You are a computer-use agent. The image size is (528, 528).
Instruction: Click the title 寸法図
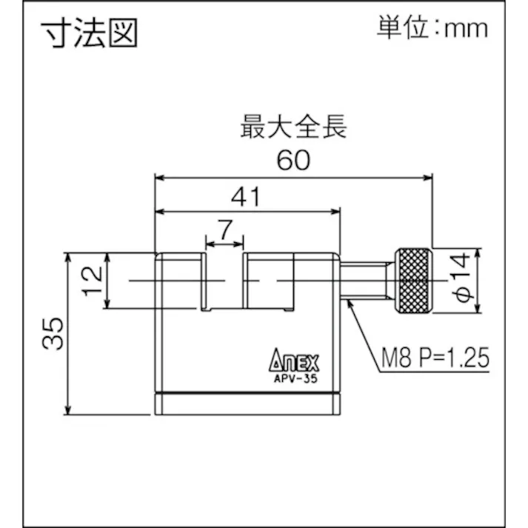[89, 33]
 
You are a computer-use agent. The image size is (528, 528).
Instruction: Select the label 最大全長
[293, 127]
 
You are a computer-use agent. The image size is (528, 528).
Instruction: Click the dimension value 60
[293, 159]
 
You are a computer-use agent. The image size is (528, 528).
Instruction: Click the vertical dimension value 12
[91, 281]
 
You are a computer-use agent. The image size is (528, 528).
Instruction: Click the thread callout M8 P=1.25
[435, 360]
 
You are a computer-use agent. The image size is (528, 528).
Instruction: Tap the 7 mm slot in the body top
[224, 281]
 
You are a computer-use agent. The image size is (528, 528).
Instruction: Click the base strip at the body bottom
[248, 404]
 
